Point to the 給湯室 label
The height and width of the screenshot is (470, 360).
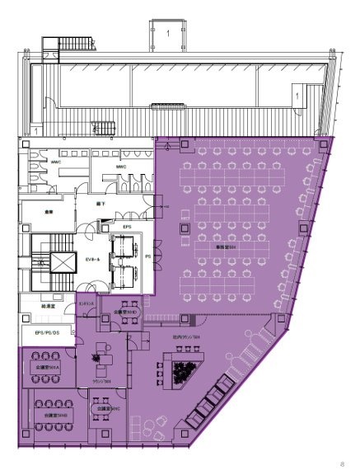(48, 306)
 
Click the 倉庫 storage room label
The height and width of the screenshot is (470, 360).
(49, 209)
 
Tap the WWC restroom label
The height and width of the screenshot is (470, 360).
(55, 162)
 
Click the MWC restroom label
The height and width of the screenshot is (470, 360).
(120, 167)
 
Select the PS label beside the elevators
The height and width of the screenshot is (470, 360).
(147, 256)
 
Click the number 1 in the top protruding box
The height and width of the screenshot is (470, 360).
(168, 33)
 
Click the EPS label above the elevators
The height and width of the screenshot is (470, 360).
(127, 224)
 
